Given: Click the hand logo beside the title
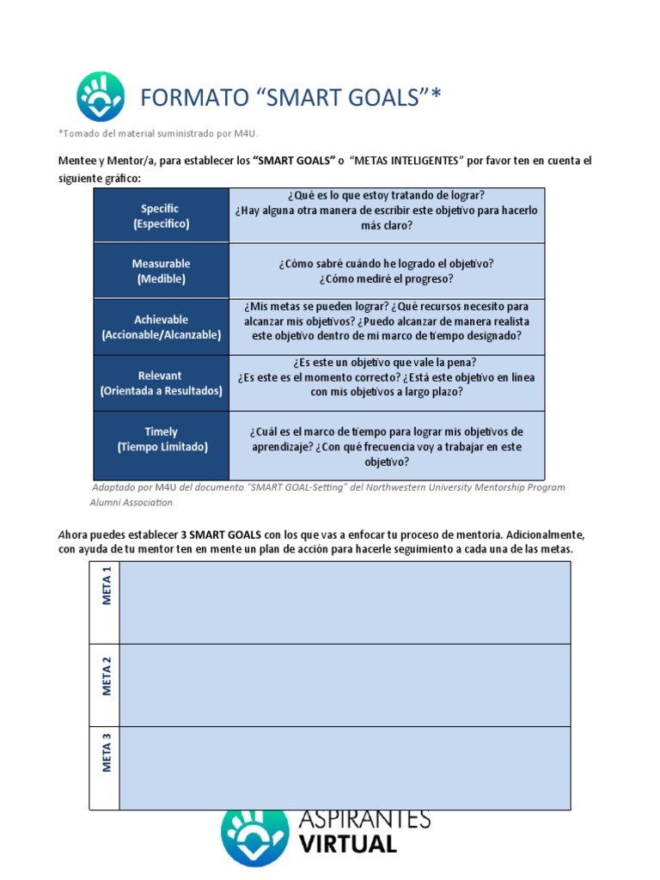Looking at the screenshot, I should pyautogui.click(x=101, y=96).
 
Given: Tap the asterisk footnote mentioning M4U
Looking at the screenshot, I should pyautogui.click(x=158, y=133).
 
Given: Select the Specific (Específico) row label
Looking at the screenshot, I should pyautogui.click(x=161, y=216).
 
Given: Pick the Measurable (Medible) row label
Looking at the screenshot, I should pyautogui.click(x=161, y=271).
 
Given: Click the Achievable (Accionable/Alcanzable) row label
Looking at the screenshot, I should pyautogui.click(x=161, y=327).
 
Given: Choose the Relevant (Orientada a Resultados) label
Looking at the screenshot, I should pyautogui.click(x=161, y=383).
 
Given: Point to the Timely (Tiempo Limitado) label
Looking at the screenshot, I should pyautogui.click(x=161, y=439).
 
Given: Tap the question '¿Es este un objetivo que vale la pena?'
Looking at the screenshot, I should pyautogui.click(x=386, y=362).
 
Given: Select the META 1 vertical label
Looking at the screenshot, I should pyautogui.click(x=107, y=586).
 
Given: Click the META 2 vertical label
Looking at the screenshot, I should pyautogui.click(x=107, y=675).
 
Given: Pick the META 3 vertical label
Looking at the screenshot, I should pyautogui.click(x=107, y=753).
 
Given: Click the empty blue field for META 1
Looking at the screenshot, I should pyautogui.click(x=344, y=602).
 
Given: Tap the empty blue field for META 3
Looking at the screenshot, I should pyautogui.click(x=344, y=767).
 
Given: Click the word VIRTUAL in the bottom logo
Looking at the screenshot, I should pyautogui.click(x=348, y=844).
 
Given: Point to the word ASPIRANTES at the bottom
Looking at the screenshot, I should pyautogui.click(x=364, y=818).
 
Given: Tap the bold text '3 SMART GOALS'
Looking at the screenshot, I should pyautogui.click(x=225, y=534).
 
